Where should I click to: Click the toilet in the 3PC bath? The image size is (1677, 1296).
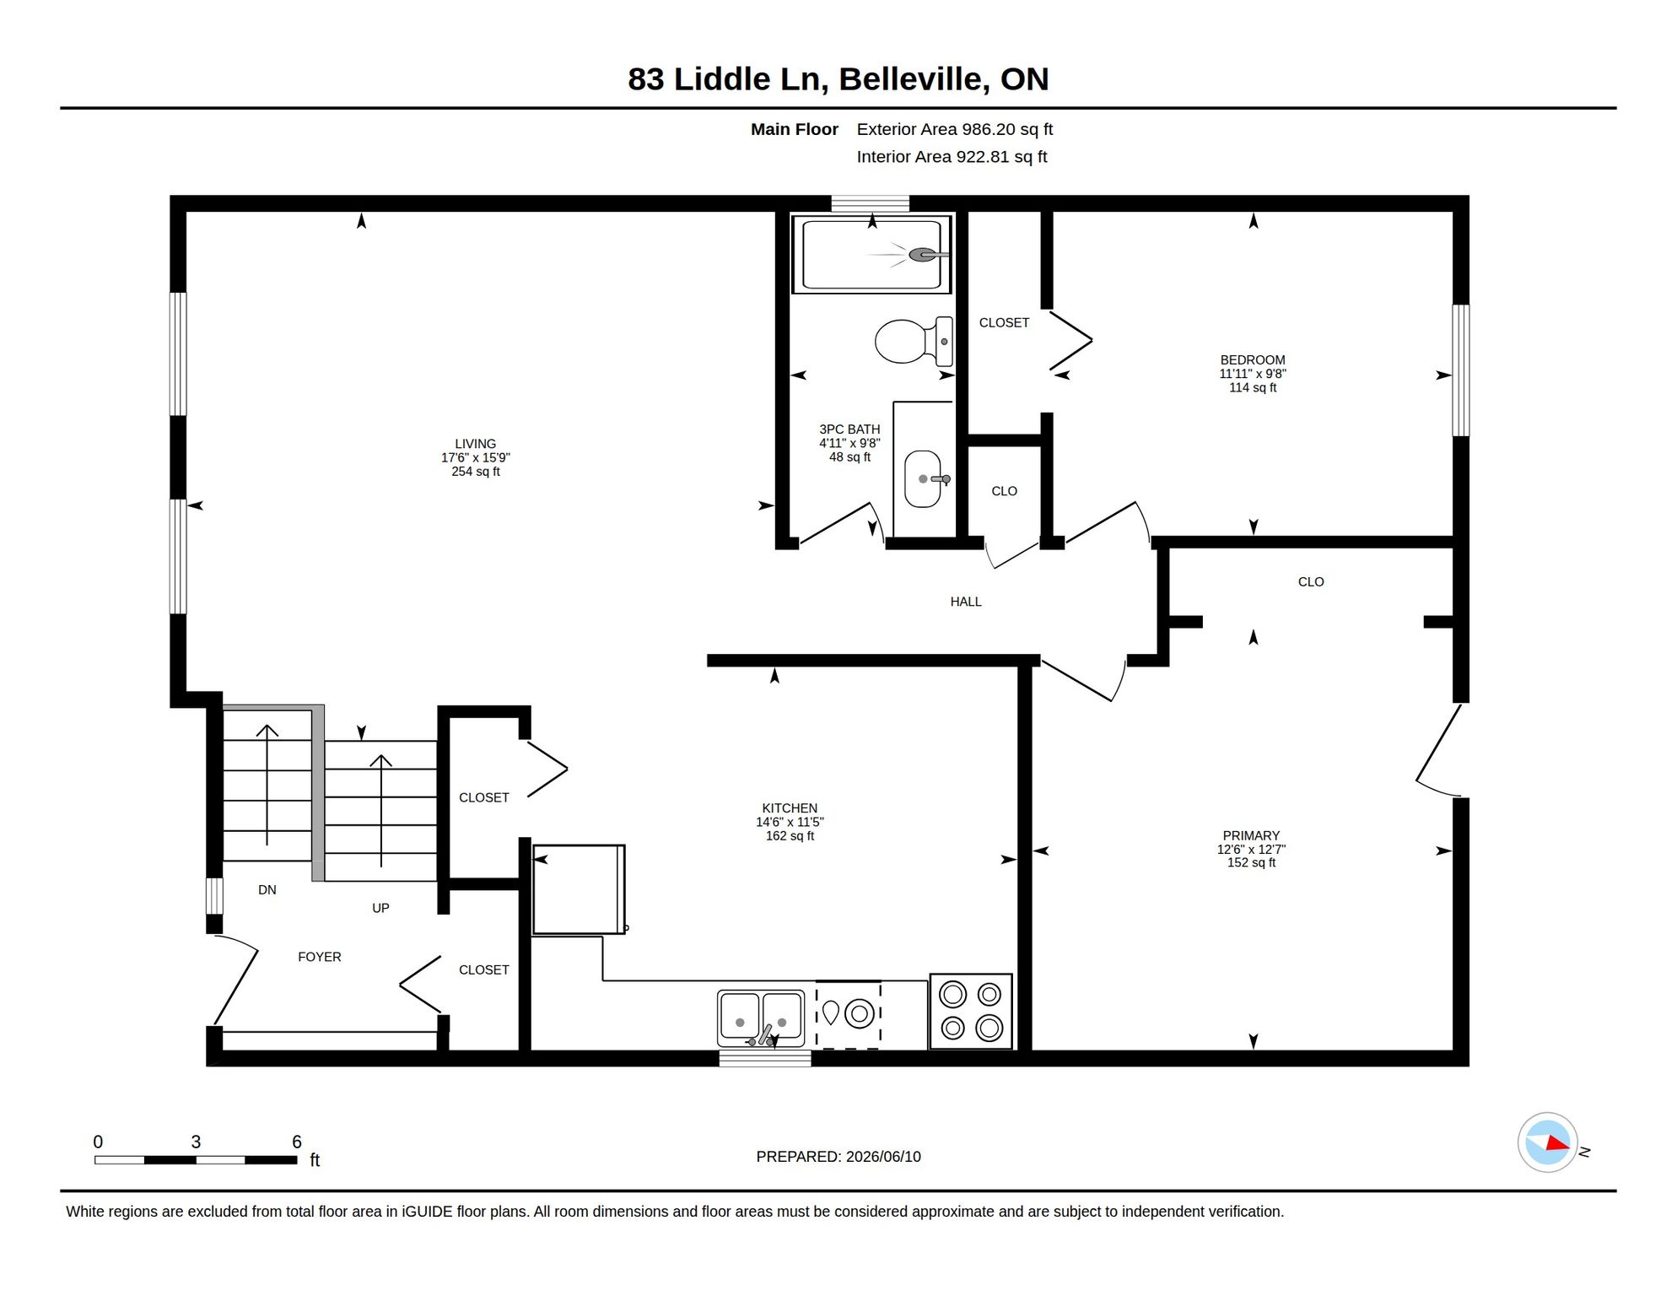click(914, 341)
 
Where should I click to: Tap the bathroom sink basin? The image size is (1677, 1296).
click(923, 478)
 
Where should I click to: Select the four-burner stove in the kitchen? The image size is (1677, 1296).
click(971, 1011)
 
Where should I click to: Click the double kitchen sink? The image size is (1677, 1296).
click(761, 1018)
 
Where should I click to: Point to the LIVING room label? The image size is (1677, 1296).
click(476, 444)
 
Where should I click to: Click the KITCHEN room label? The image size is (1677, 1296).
click(790, 808)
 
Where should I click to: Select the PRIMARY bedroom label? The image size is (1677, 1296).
click(1251, 835)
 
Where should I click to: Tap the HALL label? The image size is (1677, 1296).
click(966, 602)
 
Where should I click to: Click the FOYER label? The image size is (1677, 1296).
click(320, 957)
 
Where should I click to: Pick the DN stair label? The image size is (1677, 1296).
click(267, 889)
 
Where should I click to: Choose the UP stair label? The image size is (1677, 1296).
click(380, 908)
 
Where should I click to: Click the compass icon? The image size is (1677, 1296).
click(1548, 1142)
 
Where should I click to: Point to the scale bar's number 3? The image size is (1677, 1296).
click(196, 1142)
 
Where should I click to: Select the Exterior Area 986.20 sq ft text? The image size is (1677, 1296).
click(955, 129)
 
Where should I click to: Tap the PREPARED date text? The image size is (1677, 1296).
click(838, 1157)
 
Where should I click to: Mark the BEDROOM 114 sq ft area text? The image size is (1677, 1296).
click(1253, 387)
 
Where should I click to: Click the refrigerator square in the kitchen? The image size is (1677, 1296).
click(579, 889)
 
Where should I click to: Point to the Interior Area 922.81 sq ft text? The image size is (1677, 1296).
click(952, 157)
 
